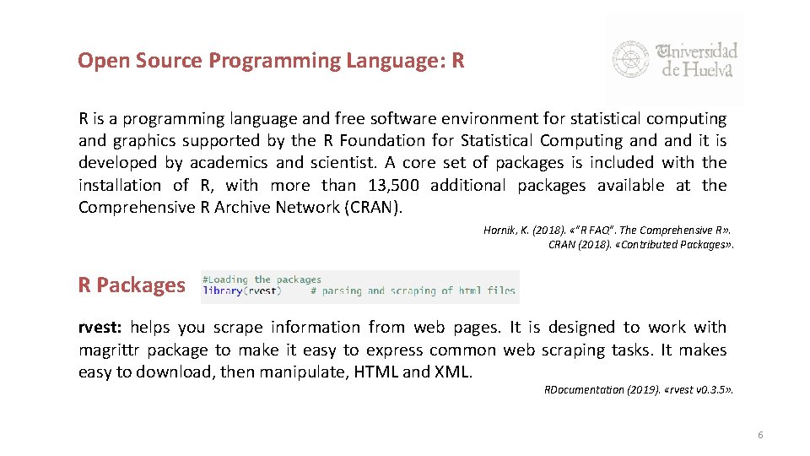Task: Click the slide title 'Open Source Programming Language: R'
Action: (x=271, y=61)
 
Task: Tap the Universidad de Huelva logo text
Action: (x=699, y=59)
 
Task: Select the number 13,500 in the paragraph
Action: (x=396, y=185)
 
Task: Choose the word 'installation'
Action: (x=119, y=185)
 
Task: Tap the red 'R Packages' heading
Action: (x=131, y=285)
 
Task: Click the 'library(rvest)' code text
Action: (x=243, y=291)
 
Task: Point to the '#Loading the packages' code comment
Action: (x=262, y=280)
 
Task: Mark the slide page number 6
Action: (x=760, y=435)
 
